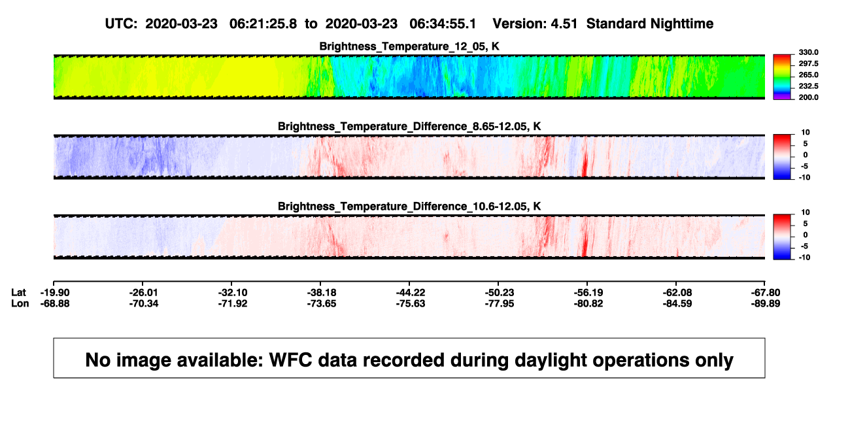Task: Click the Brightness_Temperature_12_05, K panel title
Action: [x=409, y=46]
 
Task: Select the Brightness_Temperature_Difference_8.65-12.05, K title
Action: [x=409, y=126]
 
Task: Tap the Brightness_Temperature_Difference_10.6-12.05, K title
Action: [x=409, y=207]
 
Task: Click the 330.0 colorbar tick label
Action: [x=808, y=52]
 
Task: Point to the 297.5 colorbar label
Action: [x=808, y=63]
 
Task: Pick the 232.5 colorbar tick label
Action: [x=808, y=86]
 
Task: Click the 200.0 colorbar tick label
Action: [x=808, y=97]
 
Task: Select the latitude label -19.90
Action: [x=55, y=293]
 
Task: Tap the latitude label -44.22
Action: [x=411, y=293]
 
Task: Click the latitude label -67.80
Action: [x=766, y=293]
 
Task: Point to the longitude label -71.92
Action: [x=233, y=303]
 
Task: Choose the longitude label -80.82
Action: [x=588, y=303]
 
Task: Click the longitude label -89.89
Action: [x=766, y=303]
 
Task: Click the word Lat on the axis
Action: [x=18, y=293]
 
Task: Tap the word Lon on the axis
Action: [x=20, y=303]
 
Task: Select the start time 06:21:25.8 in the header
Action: [x=263, y=24]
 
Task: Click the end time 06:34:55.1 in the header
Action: [x=443, y=24]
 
